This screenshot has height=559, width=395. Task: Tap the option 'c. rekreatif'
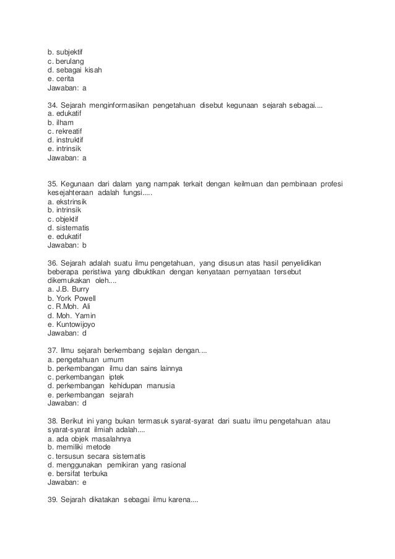[x=65, y=132]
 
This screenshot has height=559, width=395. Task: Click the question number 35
[x=53, y=184]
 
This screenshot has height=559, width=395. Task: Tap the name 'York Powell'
[x=76, y=298]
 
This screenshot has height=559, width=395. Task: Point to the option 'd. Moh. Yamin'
[x=71, y=315]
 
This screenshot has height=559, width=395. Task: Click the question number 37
[x=53, y=351]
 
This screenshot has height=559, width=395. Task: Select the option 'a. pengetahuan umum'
[x=86, y=360]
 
